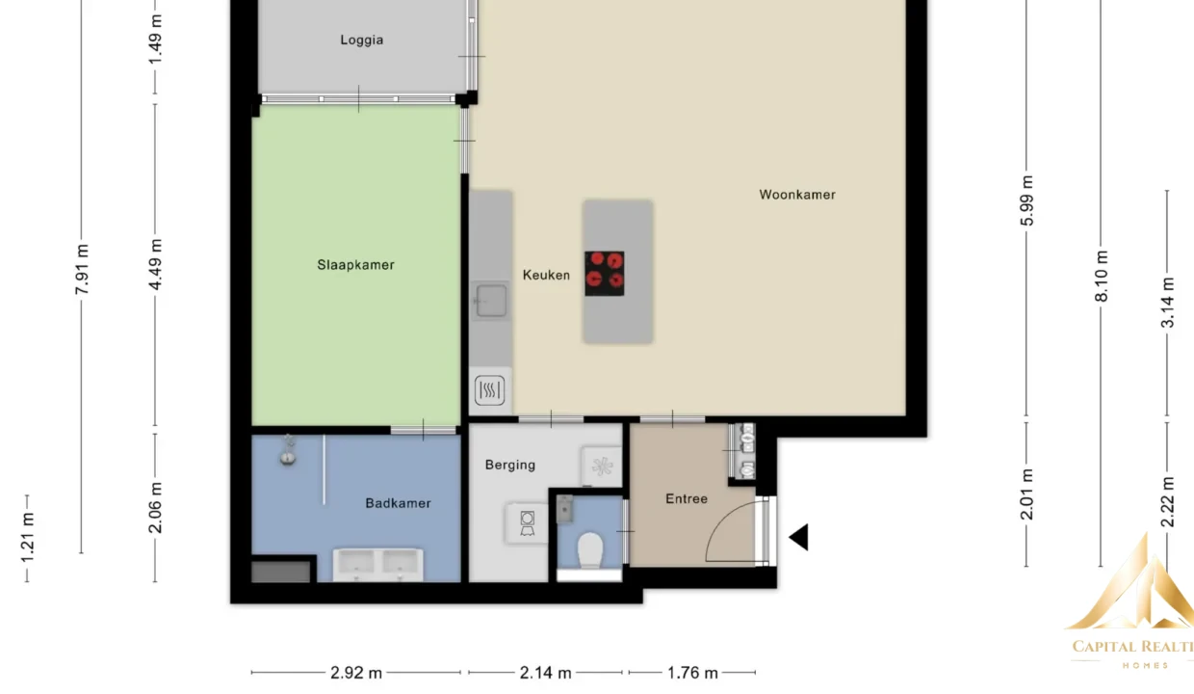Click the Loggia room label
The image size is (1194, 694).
point(362,40)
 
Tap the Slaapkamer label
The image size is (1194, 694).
point(355,265)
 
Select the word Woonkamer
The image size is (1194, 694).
point(797,195)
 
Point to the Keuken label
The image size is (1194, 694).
point(546,276)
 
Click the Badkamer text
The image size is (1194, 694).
point(399,503)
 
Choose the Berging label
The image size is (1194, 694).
point(510,466)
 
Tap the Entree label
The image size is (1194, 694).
point(687,498)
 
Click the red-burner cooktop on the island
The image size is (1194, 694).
point(605,274)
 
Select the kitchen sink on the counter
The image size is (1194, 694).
point(491,301)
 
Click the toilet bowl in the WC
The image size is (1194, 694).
point(590,550)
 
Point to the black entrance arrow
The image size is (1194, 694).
point(798,537)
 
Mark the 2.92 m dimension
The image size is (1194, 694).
point(356,673)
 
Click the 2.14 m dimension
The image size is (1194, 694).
point(545,673)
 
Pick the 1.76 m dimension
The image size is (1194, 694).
point(692,673)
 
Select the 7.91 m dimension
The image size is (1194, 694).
point(82,269)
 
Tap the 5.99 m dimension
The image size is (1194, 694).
point(1026,200)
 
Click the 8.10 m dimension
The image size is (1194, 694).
point(1102,276)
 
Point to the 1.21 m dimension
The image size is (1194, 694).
point(27,538)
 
